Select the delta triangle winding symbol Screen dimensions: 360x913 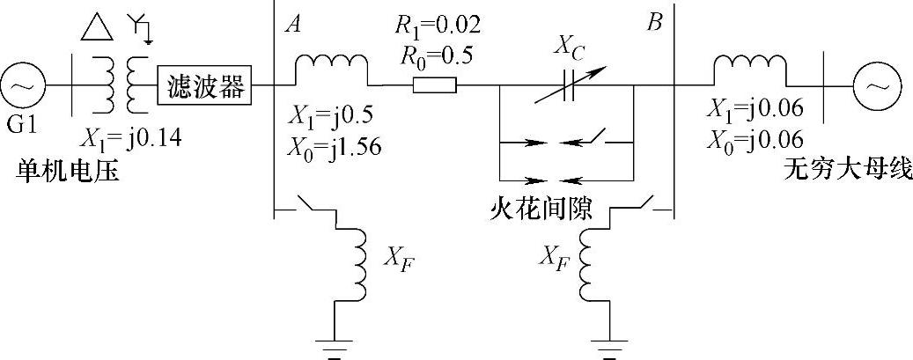[96, 29]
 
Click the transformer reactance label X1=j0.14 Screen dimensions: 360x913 [132, 137]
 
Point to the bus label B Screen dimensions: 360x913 [653, 24]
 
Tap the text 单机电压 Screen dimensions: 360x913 [62, 170]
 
